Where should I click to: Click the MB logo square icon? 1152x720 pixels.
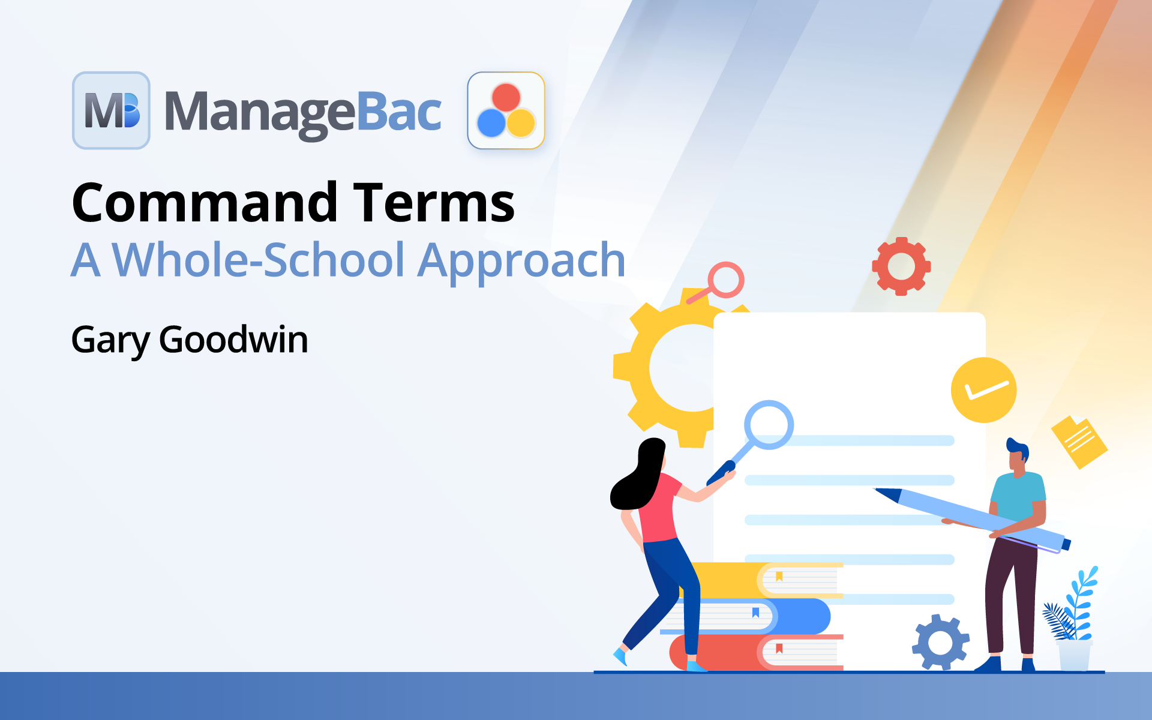111,110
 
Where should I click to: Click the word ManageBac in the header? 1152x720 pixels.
303,113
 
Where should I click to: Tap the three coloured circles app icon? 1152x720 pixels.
506,110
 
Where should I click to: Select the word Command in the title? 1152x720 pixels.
205,203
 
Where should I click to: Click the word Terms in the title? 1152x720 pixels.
434,203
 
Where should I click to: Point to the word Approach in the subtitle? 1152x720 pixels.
521,262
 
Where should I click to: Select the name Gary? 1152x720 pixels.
110,341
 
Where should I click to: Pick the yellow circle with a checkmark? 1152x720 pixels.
983,390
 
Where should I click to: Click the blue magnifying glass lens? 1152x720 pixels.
769,425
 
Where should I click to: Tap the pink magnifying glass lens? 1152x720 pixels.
725,280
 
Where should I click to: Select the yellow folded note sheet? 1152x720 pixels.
1079,442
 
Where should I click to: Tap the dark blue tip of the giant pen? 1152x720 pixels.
888,494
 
